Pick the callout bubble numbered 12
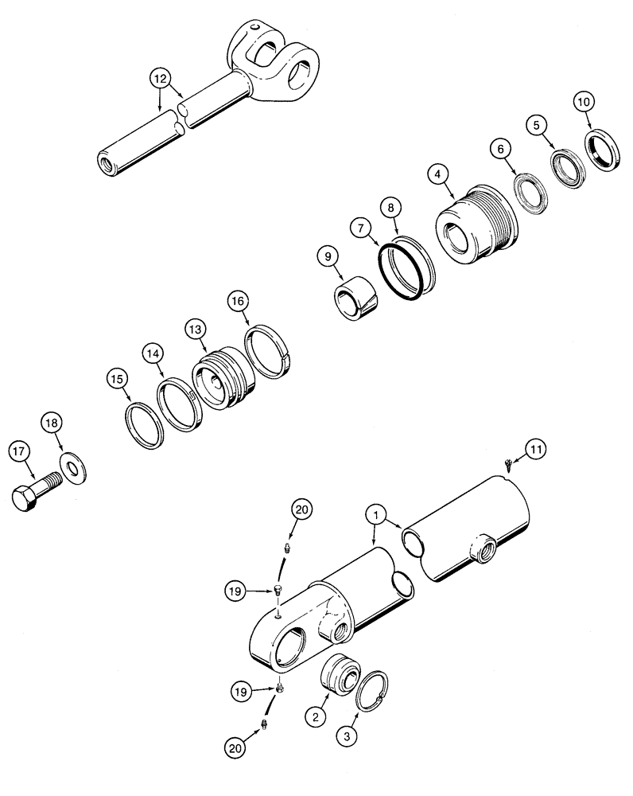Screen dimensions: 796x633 click(x=161, y=78)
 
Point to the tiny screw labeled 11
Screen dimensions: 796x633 click(x=511, y=462)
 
